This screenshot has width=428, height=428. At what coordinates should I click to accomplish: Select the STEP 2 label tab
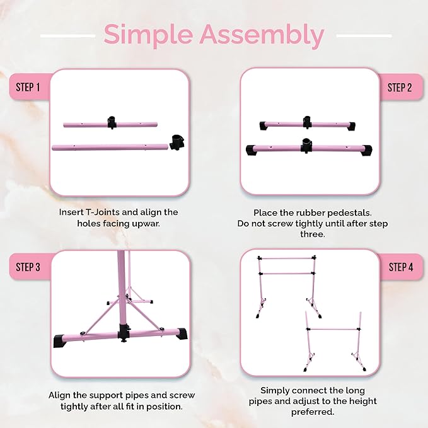[x=400, y=87]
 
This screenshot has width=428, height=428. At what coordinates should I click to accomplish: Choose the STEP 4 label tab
[x=400, y=267]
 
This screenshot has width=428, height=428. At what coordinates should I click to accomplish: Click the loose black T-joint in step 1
[x=177, y=141]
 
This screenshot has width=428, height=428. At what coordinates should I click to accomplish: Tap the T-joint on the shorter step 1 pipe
[x=113, y=122]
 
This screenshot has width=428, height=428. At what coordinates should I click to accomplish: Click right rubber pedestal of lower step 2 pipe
[x=366, y=149]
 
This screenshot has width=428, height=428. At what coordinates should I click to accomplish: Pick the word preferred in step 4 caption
[x=311, y=413]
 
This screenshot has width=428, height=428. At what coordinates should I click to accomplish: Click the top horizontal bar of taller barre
[x=287, y=258]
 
